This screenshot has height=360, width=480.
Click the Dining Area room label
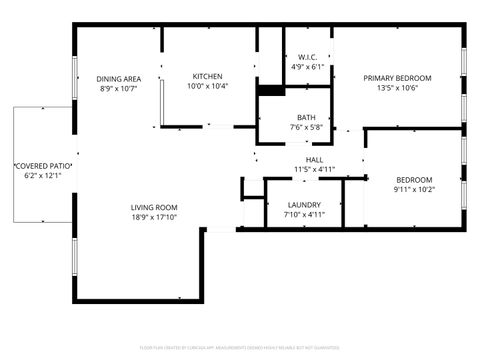click(118, 78)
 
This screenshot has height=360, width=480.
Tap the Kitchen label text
click(207, 76)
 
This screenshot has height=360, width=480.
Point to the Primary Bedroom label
click(397, 77)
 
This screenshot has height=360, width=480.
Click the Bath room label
click(305, 117)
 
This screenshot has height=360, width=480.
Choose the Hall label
click(314, 160)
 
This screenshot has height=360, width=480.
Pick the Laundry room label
click(303, 203)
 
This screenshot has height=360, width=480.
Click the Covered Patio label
click(42, 165)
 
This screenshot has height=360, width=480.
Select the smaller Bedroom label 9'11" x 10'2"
click(413, 179)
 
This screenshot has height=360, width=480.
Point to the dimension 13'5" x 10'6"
click(397, 87)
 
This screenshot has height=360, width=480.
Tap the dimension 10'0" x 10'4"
click(207, 86)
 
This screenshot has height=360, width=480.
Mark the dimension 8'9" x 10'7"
click(118, 88)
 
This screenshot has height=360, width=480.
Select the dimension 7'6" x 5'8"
click(305, 127)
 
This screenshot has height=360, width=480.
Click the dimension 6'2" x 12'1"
click(42, 175)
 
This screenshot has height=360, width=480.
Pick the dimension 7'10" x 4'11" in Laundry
click(303, 213)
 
